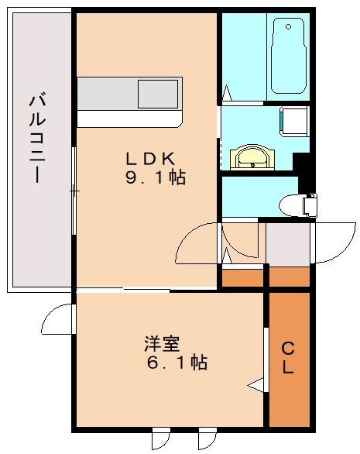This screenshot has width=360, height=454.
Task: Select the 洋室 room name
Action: pos(162,342)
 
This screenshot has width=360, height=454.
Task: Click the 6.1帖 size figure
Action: pos(177,362)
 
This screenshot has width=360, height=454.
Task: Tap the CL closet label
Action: pos(288,357)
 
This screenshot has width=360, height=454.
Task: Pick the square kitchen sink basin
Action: pos(157,94)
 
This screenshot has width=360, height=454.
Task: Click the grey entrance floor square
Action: pos(288,243)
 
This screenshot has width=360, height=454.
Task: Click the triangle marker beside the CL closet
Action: pos(255,384)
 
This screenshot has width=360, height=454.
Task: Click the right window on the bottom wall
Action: pos(207,439)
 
